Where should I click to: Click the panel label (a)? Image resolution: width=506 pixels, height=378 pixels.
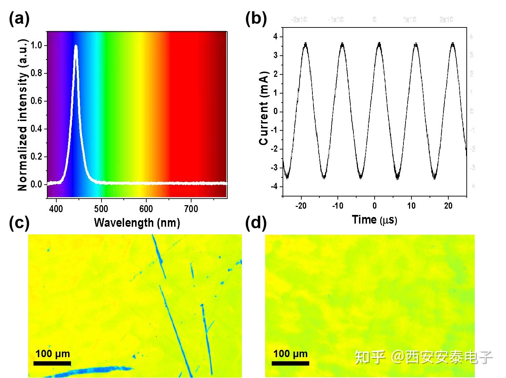(19, 18)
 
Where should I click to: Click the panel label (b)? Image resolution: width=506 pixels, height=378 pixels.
(256, 18)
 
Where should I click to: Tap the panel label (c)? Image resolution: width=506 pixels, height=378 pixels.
(19, 223)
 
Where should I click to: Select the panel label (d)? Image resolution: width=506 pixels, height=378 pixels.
(256, 223)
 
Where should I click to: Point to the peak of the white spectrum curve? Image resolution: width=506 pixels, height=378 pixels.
(76, 46)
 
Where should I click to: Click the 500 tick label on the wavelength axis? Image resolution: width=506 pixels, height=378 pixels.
(101, 209)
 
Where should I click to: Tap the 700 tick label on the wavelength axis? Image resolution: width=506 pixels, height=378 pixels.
(191, 209)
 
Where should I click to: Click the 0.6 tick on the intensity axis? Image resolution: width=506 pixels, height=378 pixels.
(36, 101)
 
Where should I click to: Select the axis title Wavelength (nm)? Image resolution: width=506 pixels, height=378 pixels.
(137, 222)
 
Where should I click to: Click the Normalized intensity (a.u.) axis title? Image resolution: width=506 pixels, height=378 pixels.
(23, 115)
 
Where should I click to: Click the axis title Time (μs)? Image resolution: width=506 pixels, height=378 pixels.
(374, 219)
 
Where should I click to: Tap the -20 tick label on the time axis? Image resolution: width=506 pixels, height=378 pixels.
(301, 206)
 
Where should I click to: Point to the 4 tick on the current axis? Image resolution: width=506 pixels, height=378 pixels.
(275, 37)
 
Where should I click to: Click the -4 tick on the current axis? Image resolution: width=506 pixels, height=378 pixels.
(275, 187)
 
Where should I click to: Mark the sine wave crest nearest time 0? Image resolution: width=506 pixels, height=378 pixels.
(379, 43)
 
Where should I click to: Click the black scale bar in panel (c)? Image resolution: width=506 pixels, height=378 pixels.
(52, 363)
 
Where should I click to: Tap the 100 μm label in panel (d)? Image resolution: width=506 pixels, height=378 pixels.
(290, 354)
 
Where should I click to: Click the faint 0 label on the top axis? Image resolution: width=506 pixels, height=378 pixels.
(375, 19)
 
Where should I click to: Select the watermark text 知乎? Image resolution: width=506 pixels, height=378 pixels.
(370, 357)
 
